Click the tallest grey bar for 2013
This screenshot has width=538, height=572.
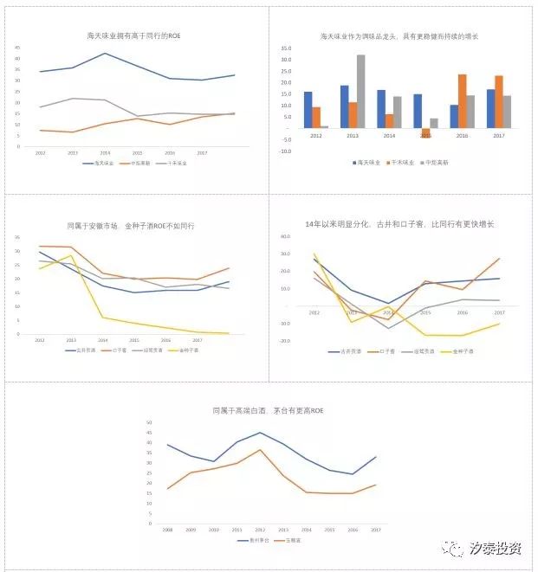(360, 91)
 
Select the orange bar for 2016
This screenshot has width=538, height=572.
(463, 101)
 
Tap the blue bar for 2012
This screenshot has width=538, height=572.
(308, 110)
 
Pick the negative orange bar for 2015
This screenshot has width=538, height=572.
(425, 133)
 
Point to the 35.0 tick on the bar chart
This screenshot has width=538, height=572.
(286, 48)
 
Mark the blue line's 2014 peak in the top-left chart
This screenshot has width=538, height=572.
(105, 54)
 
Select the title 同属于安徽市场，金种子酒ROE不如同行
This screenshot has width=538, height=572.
(136, 225)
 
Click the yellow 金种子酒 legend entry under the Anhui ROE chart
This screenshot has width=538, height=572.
(186, 350)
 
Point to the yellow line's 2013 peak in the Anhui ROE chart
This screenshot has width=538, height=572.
(72, 255)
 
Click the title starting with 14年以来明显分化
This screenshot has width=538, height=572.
(405, 224)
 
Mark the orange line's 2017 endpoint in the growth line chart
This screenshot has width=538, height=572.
(500, 258)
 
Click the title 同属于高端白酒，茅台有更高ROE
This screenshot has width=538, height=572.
(268, 410)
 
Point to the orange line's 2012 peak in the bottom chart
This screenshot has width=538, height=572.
(259, 449)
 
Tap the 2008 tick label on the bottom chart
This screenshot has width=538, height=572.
(168, 528)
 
